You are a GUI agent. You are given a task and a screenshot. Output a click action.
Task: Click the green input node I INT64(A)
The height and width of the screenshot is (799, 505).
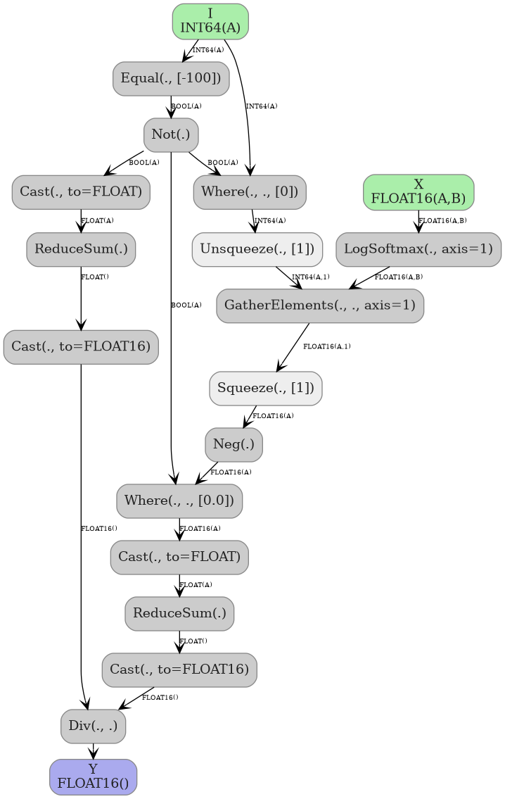210,21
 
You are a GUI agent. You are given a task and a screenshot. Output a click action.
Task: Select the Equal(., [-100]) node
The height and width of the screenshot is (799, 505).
171,78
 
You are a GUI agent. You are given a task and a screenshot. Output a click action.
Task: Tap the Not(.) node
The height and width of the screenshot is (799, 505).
171,134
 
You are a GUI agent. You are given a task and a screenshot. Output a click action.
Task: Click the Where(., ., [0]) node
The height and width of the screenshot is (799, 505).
250,191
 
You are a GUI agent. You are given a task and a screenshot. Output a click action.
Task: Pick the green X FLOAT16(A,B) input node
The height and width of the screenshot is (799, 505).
418,191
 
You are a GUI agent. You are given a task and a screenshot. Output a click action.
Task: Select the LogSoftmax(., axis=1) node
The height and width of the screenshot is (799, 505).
418,249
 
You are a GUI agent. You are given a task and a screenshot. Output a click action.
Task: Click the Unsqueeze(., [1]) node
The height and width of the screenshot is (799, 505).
257,249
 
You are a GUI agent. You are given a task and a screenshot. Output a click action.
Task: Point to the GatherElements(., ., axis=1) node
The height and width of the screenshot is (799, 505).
320,306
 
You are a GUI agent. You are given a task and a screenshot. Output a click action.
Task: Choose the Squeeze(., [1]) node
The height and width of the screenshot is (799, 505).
266,388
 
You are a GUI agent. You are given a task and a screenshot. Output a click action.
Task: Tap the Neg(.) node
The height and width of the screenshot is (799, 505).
234,444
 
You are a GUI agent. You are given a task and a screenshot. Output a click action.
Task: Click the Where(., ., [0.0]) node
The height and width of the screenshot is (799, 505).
179,501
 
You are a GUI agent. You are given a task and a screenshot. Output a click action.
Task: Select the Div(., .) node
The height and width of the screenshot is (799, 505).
94,726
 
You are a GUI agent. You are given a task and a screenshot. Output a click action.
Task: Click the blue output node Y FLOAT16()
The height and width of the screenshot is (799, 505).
93,776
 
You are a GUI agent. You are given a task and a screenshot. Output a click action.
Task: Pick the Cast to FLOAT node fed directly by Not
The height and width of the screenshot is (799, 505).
81,191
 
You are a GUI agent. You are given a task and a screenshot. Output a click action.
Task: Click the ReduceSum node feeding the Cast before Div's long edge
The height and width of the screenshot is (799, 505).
81,249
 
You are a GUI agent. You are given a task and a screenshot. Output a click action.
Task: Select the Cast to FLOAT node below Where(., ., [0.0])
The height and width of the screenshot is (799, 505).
179,557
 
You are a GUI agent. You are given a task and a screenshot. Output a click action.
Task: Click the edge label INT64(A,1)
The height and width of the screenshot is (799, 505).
310,277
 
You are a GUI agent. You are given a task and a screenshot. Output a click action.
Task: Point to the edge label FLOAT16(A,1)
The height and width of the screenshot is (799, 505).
326,346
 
